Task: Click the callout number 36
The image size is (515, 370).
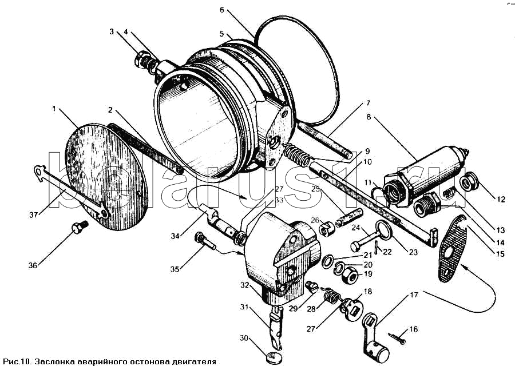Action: coord(33,265)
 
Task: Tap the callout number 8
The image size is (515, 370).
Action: coord(369,117)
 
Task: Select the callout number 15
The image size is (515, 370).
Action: coord(500,254)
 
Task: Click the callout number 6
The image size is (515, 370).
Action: coord(222,10)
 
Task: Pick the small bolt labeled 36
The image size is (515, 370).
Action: coord(80,227)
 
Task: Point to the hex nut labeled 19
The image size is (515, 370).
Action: coord(350,277)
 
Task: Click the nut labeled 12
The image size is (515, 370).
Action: coord(469,181)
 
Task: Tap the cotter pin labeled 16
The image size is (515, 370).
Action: coord(398,339)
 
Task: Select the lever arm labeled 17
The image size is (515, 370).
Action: coord(374,338)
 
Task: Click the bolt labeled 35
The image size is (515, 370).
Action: coord(205,241)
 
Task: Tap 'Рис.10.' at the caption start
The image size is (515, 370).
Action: coord(17,362)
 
